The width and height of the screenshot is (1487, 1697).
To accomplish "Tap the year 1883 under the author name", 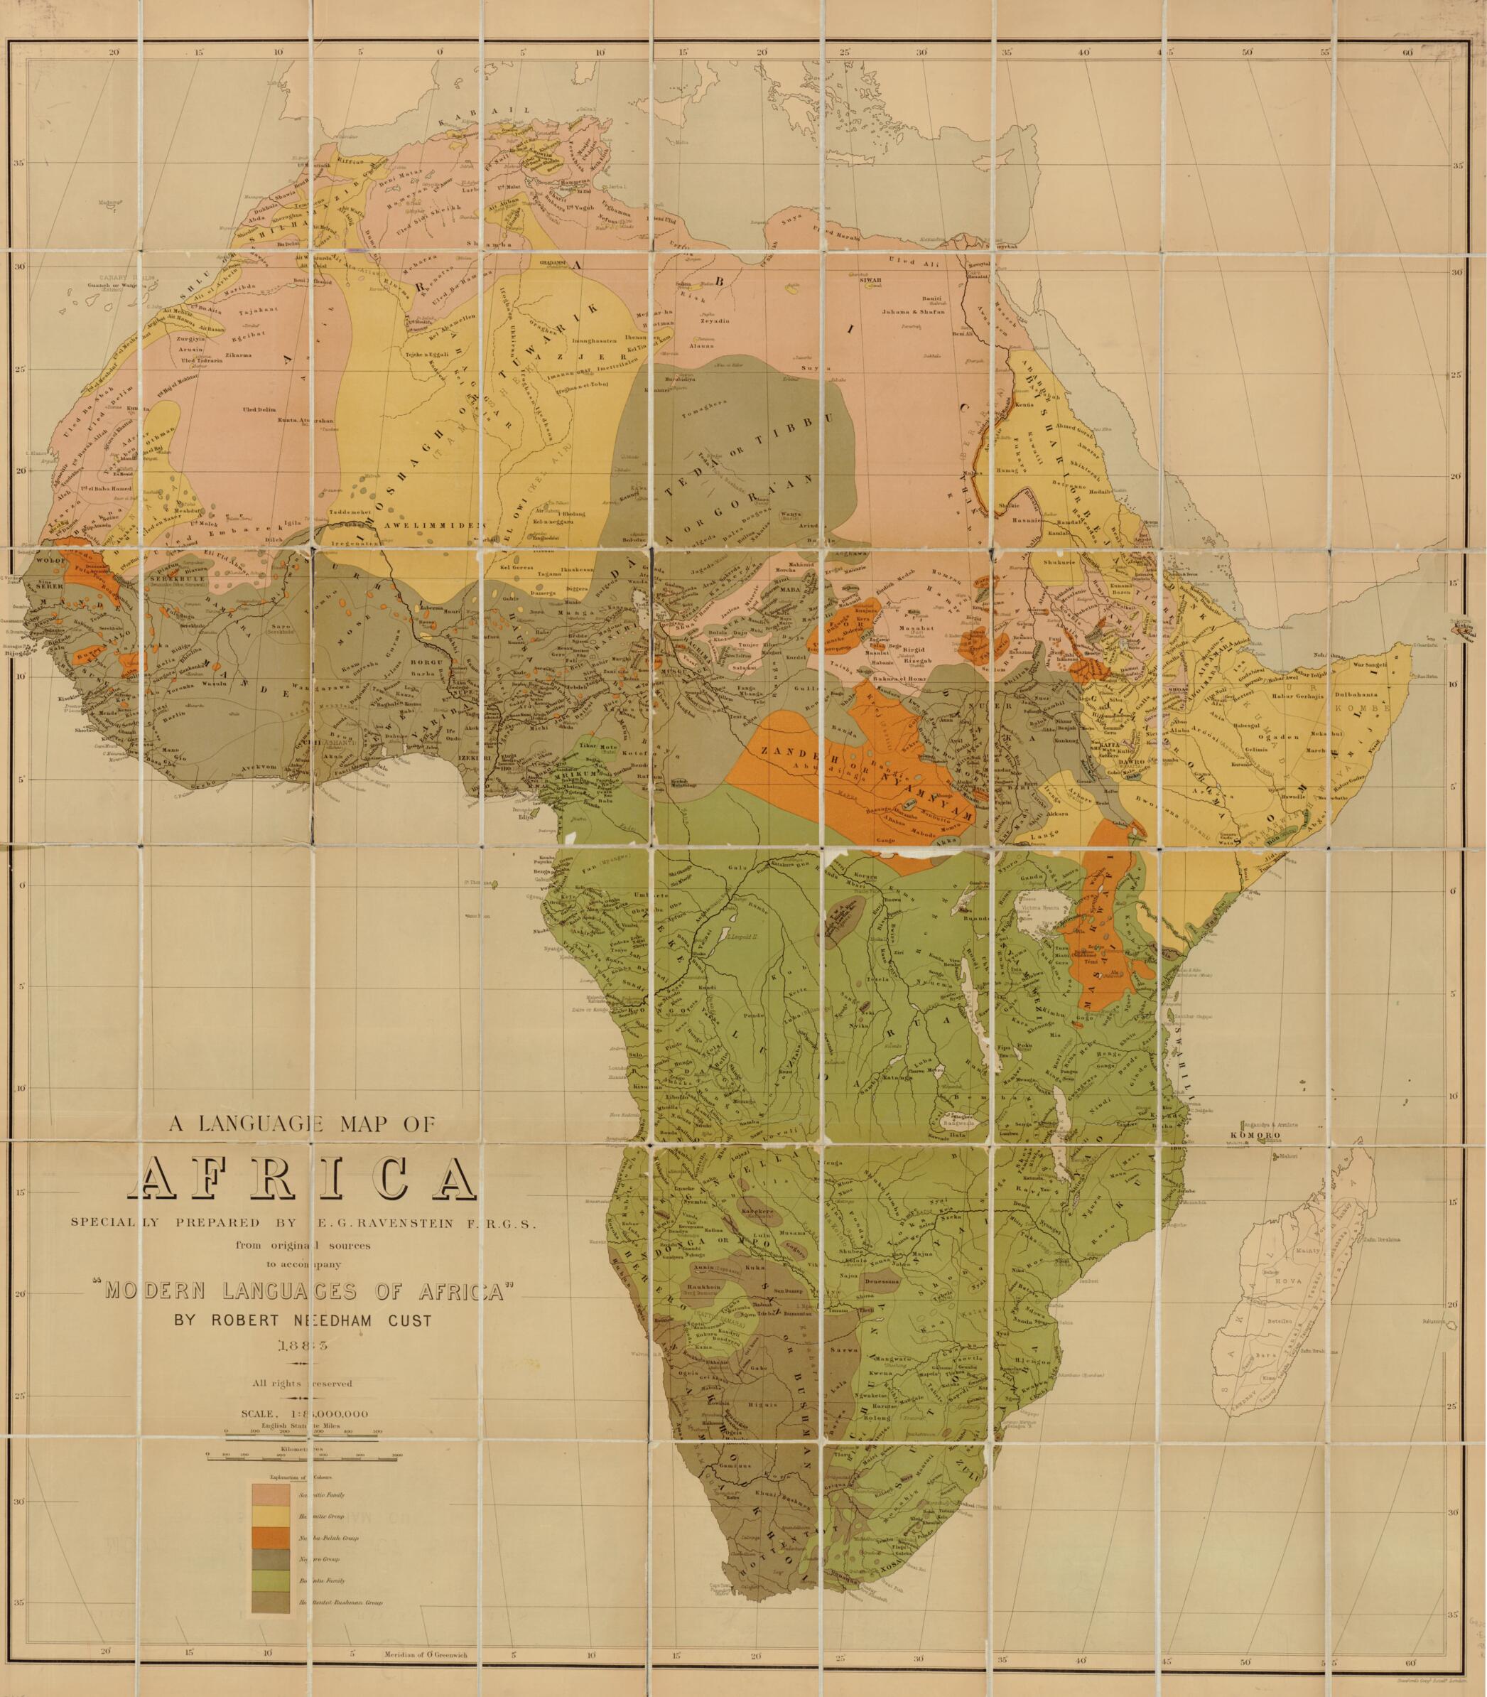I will [x=303, y=1345].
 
